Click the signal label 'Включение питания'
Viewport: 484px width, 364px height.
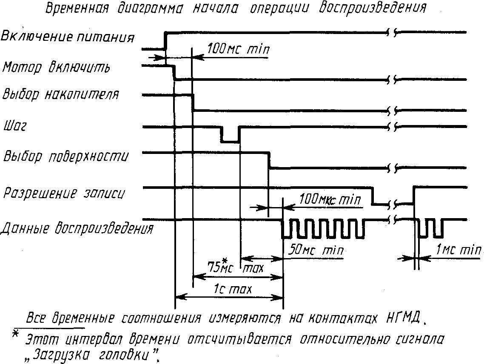pos(67,37)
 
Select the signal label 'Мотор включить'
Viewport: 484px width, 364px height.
pos(56,68)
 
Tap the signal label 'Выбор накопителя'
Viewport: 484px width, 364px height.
pos(60,94)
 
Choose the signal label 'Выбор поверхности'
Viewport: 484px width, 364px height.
pos(65,156)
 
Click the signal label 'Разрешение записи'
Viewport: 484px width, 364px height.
pos(64,193)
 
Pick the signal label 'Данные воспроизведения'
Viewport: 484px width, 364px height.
pos(77,229)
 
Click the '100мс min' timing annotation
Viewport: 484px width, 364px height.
pos(238,49)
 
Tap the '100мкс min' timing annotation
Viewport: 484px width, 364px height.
pos(330,199)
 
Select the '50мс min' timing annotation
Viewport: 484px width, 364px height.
pos(316,250)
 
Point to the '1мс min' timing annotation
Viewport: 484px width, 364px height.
pos(458,250)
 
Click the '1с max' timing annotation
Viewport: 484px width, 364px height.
pos(233,289)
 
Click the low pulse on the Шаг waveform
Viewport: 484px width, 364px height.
pos(230,142)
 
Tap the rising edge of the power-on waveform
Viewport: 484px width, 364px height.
pos(165,40)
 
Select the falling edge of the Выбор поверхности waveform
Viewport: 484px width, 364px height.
pos(269,160)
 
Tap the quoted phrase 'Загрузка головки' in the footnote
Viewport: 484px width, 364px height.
pos(93,355)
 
